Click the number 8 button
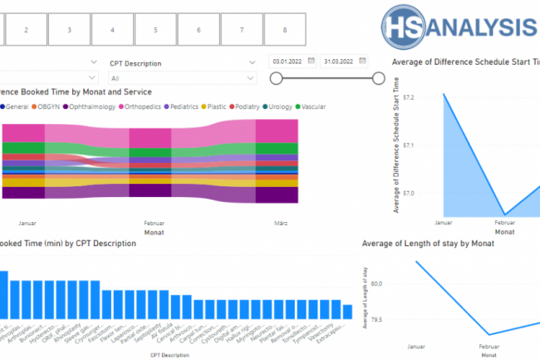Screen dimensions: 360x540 285,30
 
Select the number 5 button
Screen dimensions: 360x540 155,30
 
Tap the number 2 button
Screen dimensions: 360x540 26,30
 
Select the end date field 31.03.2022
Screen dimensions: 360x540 345,61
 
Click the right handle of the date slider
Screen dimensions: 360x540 379,78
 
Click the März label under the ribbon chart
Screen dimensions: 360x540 279,224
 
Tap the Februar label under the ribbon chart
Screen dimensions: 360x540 155,224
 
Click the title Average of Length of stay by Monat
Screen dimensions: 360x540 429,244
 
